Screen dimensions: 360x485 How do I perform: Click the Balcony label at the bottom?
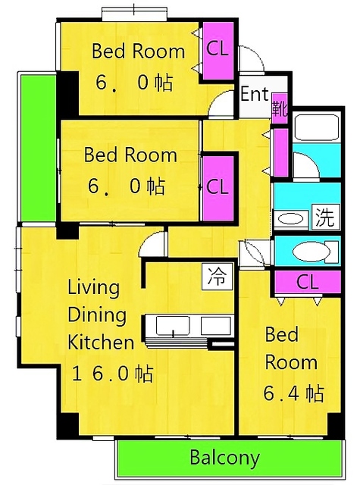click(x=224, y=458)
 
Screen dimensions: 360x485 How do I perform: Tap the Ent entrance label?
click(x=255, y=94)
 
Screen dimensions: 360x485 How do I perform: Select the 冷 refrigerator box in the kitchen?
click(x=217, y=277)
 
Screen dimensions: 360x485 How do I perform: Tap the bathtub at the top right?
click(x=316, y=128)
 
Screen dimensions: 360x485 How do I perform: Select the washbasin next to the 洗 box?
click(x=291, y=220)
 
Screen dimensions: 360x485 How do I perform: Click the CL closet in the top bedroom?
click(x=218, y=51)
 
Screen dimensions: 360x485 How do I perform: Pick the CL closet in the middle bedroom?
click(x=218, y=188)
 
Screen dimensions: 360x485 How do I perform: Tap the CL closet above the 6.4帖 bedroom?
click(x=308, y=282)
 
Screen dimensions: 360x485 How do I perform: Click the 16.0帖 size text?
click(x=112, y=374)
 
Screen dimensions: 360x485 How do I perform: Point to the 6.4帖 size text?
click(x=294, y=393)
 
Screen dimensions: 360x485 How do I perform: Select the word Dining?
click(x=97, y=315)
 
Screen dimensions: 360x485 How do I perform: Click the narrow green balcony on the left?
click(x=38, y=147)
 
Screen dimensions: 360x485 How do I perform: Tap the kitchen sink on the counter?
click(x=173, y=326)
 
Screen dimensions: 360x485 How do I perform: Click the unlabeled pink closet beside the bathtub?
click(x=281, y=153)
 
